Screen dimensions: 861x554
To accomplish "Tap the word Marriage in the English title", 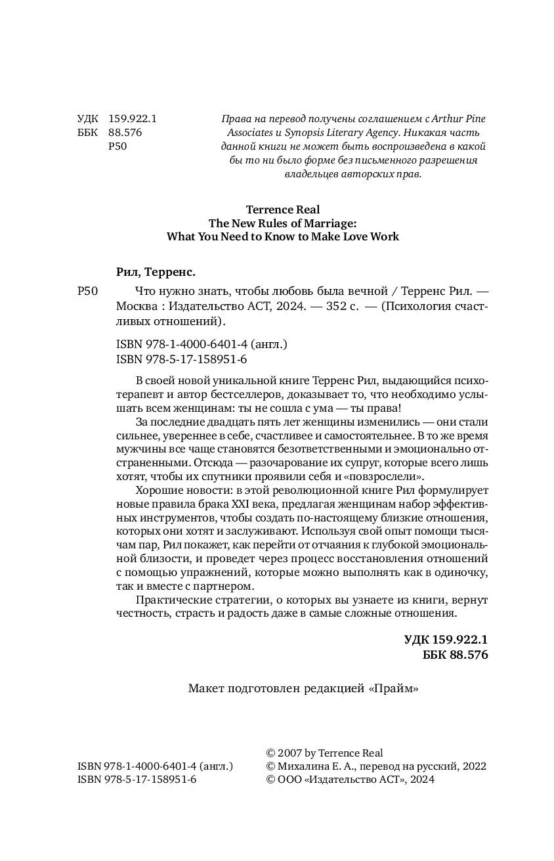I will click(x=325, y=223).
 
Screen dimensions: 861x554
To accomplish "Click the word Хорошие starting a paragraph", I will click(x=158, y=491).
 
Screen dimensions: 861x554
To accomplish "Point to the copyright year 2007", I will click(x=290, y=753).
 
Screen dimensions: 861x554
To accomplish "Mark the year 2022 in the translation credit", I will click(x=474, y=766).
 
